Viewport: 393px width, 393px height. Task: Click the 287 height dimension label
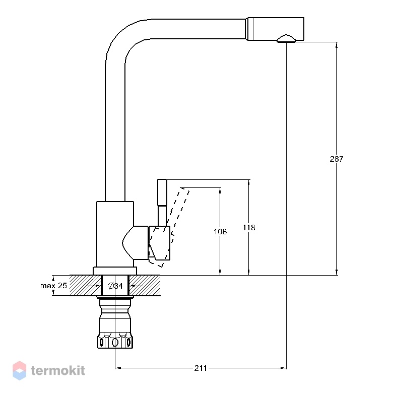pos(337,159)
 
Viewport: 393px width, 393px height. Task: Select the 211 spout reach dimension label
pos(201,368)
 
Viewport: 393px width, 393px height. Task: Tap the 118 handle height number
pos(249,228)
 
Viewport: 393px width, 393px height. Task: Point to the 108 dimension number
pos(220,232)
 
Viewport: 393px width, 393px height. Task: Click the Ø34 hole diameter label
pos(115,286)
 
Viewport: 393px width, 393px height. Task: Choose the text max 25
pos(53,286)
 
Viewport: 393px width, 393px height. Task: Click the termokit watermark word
pos(58,370)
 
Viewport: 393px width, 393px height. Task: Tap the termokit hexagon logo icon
pos(19,370)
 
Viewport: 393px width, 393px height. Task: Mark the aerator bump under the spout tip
pos(286,39)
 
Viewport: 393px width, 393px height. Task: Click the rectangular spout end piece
pos(276,29)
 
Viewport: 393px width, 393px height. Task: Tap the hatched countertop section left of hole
pos(86,286)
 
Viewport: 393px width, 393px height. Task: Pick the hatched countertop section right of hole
pos(145,286)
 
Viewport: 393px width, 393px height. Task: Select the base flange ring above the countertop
pos(115,271)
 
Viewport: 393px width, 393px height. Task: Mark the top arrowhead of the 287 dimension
pos(337,45)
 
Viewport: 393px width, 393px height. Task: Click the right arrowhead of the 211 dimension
pos(284,368)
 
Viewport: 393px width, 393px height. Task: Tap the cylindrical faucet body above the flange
pos(115,234)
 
